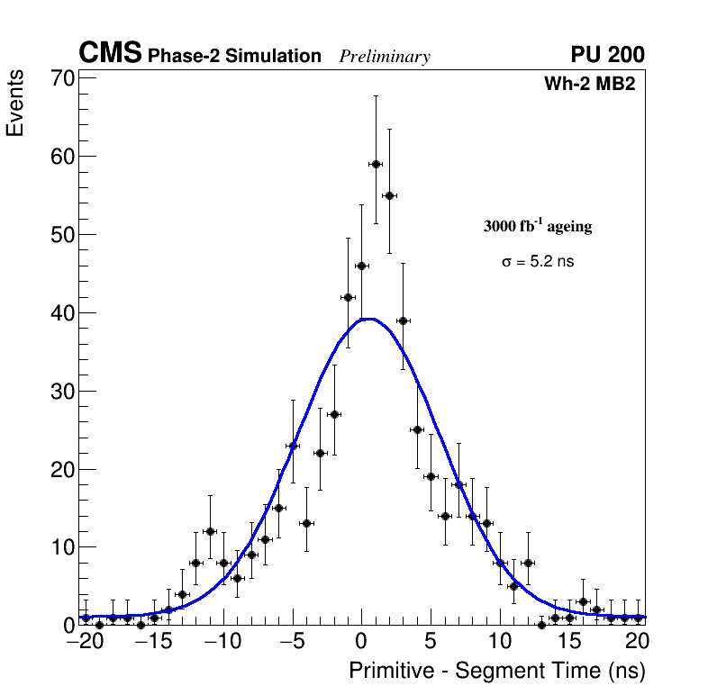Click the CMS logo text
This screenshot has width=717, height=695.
(x=110, y=54)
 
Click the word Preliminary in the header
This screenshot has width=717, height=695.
(x=385, y=57)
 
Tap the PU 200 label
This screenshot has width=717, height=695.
(x=607, y=55)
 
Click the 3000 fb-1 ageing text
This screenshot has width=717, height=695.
(x=538, y=226)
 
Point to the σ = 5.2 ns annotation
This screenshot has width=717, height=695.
(x=538, y=262)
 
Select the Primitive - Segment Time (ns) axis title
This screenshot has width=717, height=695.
(x=497, y=671)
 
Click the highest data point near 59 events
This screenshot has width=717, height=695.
(x=376, y=164)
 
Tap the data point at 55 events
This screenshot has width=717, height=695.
(x=389, y=195)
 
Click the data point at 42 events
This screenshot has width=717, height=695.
(x=348, y=297)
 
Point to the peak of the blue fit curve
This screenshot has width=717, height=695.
(x=368, y=319)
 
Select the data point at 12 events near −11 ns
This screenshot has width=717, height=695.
(x=210, y=531)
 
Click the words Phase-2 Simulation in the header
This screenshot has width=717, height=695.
(x=234, y=57)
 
